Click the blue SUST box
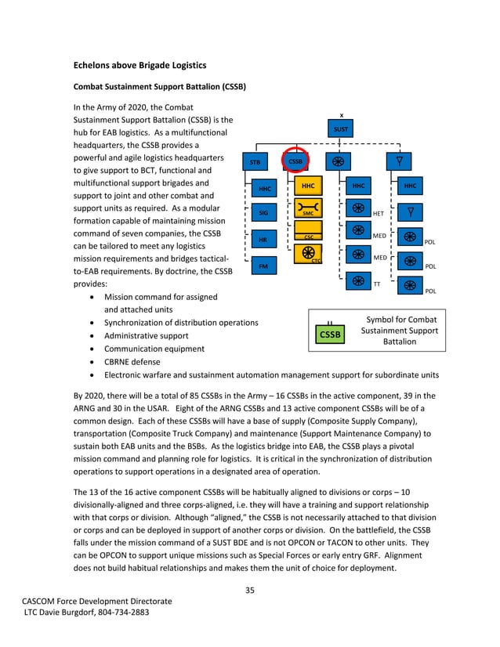click(341, 129)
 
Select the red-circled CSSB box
click(296, 161)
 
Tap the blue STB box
click(255, 162)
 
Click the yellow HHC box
click(308, 186)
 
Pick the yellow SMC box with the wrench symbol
click(308, 211)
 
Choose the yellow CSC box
click(308, 235)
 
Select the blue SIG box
click(264, 212)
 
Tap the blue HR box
click(264, 240)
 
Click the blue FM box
click(264, 267)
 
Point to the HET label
click(379, 213)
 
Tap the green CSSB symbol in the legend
click(331, 334)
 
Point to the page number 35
click(249, 589)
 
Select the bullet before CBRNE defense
click(95, 361)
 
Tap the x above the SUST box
click(341, 115)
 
